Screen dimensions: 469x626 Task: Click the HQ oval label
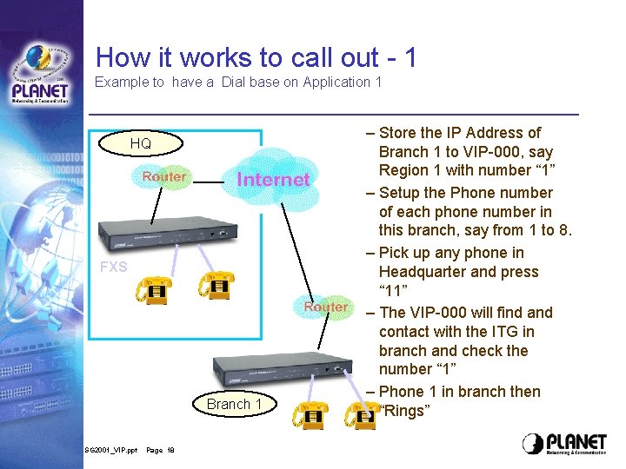[140, 143]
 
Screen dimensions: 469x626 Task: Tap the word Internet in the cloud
[273, 180]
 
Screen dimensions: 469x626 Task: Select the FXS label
[113, 267]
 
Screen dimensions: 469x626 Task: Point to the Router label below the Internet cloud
[326, 307]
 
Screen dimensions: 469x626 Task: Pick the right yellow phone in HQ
[216, 285]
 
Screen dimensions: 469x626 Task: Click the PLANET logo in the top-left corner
[40, 74]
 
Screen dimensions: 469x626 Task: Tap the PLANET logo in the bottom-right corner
[564, 444]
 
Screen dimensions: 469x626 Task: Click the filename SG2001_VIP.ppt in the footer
[110, 451]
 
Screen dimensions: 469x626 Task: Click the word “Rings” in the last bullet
[405, 411]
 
